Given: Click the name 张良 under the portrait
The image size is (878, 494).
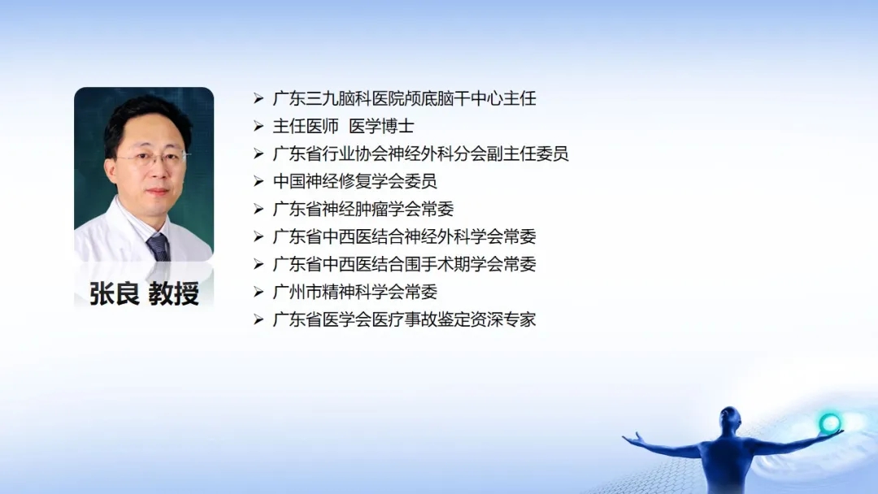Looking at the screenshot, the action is (x=115, y=293).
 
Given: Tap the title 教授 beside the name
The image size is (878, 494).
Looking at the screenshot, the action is (x=174, y=293).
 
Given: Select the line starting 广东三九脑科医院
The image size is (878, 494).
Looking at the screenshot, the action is (x=404, y=99).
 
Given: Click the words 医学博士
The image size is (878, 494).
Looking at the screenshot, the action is (x=381, y=127).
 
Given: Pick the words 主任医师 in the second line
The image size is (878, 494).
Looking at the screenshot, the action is (x=306, y=127).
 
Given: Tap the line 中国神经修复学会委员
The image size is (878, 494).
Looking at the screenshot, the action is (x=355, y=181).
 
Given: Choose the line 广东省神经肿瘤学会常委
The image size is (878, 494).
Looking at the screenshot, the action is (x=363, y=210).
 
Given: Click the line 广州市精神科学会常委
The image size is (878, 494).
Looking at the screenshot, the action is (x=355, y=292).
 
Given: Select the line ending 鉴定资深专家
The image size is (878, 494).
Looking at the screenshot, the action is (x=404, y=319).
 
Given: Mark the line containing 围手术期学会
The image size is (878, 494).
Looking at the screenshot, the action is (x=404, y=264).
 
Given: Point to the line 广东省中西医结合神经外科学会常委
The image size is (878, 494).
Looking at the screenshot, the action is (x=404, y=236).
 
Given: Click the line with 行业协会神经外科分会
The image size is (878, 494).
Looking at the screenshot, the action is (x=420, y=154).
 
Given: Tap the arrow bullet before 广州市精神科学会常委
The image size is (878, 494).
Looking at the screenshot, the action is (x=259, y=292).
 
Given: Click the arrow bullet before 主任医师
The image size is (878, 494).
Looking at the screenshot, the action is (x=259, y=127).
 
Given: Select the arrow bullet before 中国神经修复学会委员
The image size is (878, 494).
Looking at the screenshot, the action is (x=259, y=181).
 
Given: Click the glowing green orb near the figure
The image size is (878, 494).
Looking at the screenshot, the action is (x=829, y=423).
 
